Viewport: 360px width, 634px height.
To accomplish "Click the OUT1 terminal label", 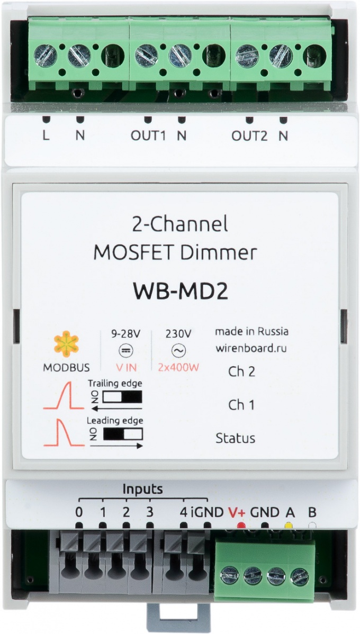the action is click(148, 135).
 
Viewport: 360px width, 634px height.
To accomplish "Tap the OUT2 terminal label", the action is click(249, 135).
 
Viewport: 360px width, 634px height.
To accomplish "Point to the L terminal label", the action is click(46, 135).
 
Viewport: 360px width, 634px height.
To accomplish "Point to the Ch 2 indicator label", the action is click(241, 372).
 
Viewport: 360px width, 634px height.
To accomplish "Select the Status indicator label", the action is click(235, 438).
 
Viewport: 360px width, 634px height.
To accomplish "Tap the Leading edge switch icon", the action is click(123, 434).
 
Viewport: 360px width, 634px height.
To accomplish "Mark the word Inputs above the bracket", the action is click(142, 488).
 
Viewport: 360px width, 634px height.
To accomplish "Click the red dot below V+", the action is click(241, 526).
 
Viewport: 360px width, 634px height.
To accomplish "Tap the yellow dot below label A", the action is click(289, 526).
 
